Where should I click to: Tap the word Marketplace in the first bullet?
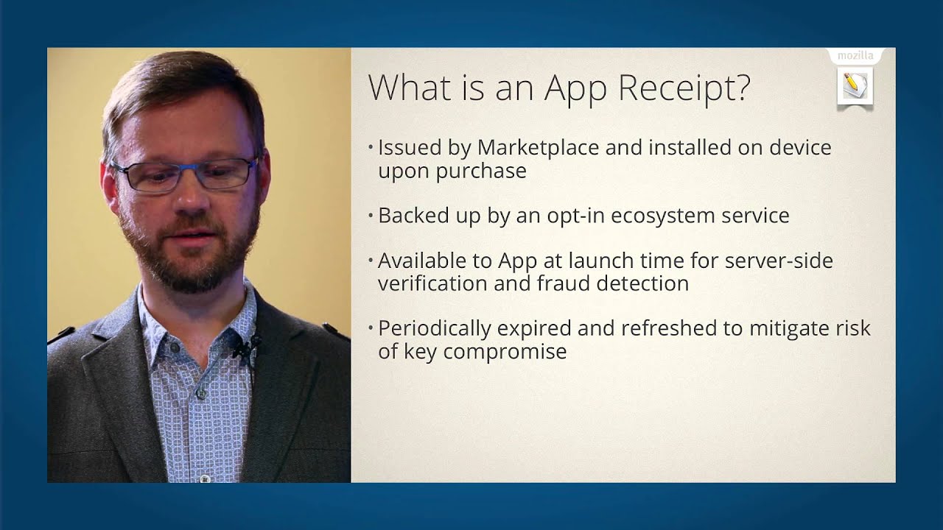click(x=538, y=147)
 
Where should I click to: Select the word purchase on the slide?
click(x=483, y=172)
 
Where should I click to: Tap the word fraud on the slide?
click(x=563, y=283)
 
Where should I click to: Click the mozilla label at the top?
click(x=855, y=56)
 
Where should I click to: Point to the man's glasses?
click(x=184, y=174)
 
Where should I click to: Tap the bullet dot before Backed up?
click(x=371, y=216)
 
